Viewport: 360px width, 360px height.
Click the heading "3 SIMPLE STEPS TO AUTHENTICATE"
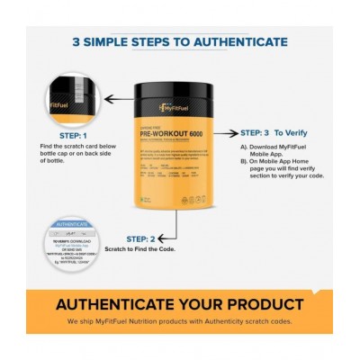[180, 42]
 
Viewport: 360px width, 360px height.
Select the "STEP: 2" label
[141, 239]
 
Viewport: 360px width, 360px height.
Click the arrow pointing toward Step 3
[225, 131]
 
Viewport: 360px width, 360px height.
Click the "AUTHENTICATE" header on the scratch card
[72, 223]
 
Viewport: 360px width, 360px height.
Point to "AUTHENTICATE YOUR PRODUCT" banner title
[180, 304]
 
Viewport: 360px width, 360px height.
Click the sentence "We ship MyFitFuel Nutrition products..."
[180, 321]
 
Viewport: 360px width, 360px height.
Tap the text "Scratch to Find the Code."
[140, 249]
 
